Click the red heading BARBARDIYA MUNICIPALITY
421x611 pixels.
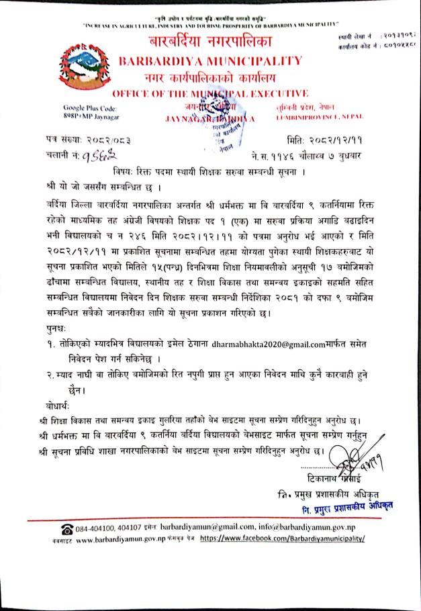tap(210, 60)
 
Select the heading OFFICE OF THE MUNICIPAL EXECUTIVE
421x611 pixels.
tap(210, 93)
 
